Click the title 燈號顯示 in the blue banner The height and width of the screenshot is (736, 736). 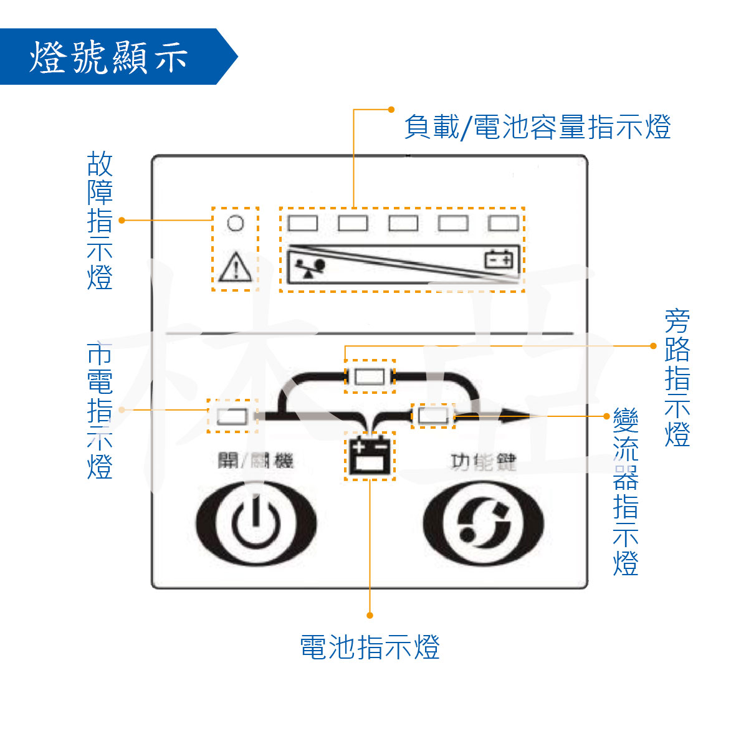click(x=108, y=57)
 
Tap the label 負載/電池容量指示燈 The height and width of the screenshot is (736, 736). click(x=537, y=127)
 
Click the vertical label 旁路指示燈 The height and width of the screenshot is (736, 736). click(x=677, y=378)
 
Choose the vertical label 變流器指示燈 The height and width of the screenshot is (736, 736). click(x=625, y=492)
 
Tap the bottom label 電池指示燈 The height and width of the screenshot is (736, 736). click(x=370, y=648)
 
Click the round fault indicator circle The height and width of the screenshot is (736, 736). click(x=235, y=223)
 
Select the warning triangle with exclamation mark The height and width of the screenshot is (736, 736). click(x=235, y=267)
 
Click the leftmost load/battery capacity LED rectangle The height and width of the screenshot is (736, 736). click(x=303, y=223)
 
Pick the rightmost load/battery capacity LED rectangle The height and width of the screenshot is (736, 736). click(x=504, y=223)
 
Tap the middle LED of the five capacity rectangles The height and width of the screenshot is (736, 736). click(x=403, y=223)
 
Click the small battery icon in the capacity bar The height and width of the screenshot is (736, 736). click(x=500, y=259)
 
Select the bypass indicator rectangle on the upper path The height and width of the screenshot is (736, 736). click(x=370, y=376)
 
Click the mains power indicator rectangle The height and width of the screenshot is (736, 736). click(x=232, y=416)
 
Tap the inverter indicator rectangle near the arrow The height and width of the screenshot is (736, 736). click(x=433, y=415)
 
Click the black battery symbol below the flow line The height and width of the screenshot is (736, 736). click(x=370, y=456)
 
